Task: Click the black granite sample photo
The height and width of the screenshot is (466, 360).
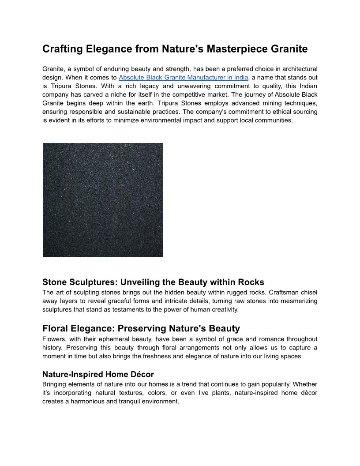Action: pos(103,200)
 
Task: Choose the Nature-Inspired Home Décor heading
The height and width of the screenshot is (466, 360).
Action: pos(98,375)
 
